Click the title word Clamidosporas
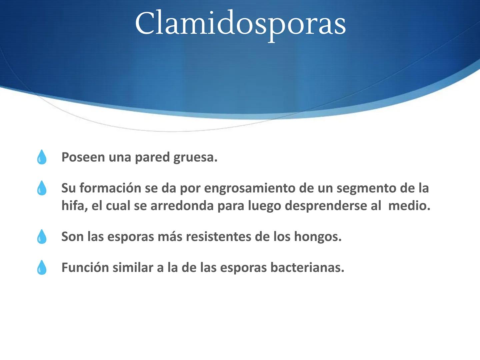pyautogui.click(x=240, y=23)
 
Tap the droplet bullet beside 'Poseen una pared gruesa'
pyautogui.click(x=42, y=157)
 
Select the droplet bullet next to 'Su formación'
pyautogui.click(x=42, y=188)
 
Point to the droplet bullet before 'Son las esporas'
pyautogui.click(x=42, y=237)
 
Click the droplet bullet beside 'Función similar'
pyautogui.click(x=42, y=267)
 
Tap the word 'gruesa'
pyautogui.click(x=195, y=157)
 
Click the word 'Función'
pyautogui.click(x=85, y=267)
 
